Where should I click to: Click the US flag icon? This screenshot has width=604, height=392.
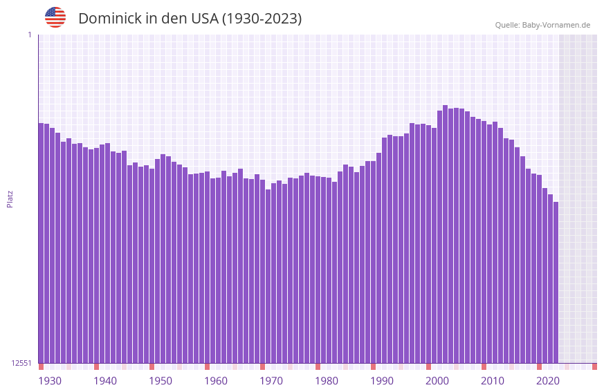point(55,17)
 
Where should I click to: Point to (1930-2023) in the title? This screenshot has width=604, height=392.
point(262,19)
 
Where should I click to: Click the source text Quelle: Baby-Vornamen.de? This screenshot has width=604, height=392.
point(542,26)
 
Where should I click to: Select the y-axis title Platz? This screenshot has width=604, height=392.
point(10,198)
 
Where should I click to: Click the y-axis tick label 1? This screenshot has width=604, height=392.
point(29,35)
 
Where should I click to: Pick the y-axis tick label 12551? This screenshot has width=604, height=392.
point(21,363)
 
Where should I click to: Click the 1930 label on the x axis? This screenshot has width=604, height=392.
point(50,381)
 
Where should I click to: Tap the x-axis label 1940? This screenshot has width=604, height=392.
point(105,381)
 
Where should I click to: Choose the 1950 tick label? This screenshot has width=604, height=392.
point(161,381)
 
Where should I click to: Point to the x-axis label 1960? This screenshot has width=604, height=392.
point(216,381)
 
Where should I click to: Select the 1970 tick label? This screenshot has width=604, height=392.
point(271,381)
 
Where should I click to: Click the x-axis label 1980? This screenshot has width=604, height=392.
point(327,381)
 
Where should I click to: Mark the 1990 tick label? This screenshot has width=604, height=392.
point(382,381)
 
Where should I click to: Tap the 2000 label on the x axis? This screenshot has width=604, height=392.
point(437,381)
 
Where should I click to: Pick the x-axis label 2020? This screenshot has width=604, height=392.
point(548,381)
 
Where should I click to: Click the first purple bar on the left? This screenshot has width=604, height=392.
point(41,243)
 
